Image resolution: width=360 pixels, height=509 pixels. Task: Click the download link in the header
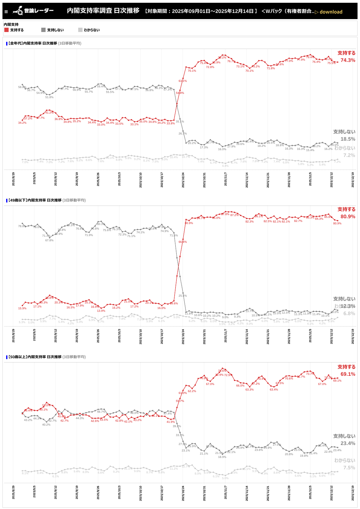tap(329, 12)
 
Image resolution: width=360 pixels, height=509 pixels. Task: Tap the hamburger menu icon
tap(6, 12)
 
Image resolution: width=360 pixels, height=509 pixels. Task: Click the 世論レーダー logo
tap(33, 11)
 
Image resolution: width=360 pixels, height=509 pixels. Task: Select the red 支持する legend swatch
tap(6, 30)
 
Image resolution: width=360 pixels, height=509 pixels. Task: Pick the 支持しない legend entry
tap(52, 30)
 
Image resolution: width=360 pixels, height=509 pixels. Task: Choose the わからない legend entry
tap(89, 30)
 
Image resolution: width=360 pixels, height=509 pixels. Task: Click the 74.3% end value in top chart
tap(348, 60)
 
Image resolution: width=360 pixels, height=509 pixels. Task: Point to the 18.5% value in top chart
tap(348, 139)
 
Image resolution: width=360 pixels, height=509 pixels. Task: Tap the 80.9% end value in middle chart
tap(348, 217)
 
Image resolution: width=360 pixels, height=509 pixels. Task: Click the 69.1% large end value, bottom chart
tap(348, 374)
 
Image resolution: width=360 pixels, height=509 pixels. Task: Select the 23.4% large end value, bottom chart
tap(348, 443)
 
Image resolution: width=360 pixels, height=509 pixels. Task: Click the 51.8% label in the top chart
tap(49, 97)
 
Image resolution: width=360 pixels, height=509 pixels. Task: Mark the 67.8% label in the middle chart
tap(49, 240)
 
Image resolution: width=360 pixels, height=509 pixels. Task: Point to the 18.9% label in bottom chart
tap(222, 457)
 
